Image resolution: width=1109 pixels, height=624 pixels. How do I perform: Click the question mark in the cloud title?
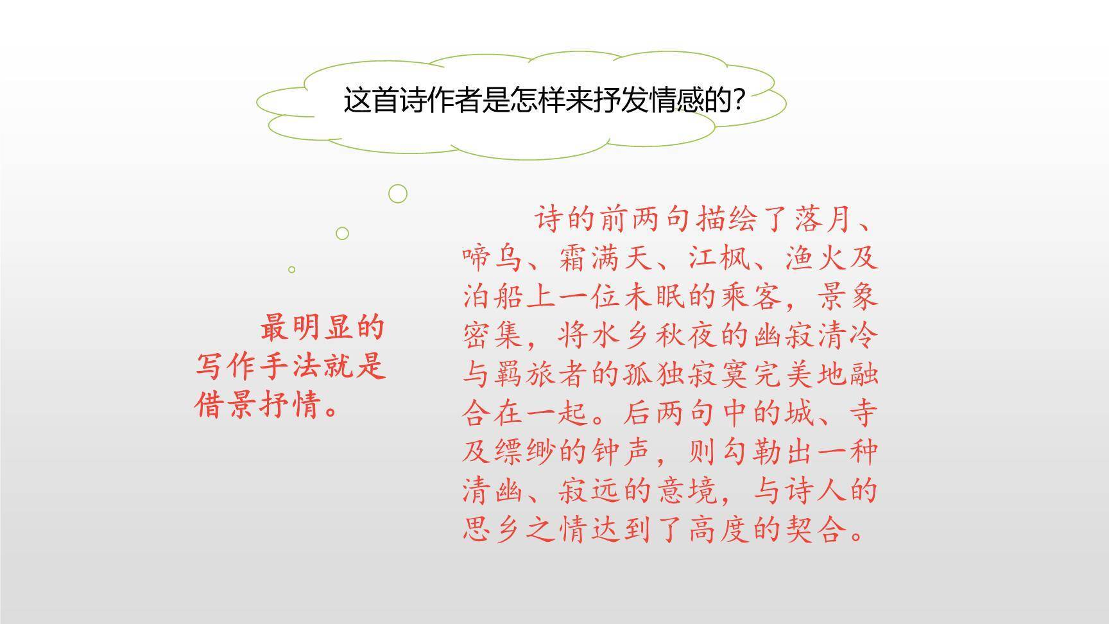click(739, 101)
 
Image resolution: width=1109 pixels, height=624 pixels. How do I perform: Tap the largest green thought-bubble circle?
click(398, 193)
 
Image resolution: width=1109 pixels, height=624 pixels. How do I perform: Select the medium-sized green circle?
click(342, 233)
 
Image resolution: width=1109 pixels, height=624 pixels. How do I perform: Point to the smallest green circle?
click(291, 270)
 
